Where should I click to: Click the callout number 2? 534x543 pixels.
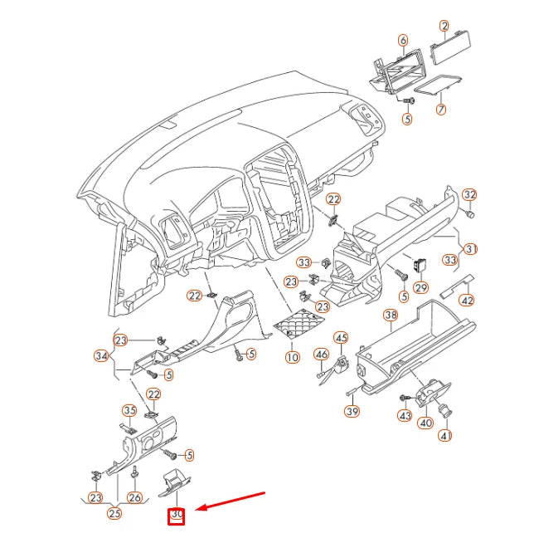444,27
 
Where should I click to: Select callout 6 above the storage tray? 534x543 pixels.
403,40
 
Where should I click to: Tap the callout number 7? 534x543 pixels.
441,109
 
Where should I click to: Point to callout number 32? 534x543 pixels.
469,194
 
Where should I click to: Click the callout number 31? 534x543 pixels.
470,248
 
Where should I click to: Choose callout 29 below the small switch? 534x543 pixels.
420,287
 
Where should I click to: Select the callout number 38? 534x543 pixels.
391,316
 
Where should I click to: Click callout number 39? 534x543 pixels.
352,412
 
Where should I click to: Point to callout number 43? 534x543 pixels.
405,415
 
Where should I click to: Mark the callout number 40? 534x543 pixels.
425,423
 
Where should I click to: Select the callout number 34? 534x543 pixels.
102,356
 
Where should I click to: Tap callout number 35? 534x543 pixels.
129,410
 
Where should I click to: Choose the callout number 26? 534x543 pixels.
134,497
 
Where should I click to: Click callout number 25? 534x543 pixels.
114,514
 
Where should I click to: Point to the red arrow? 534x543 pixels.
230,501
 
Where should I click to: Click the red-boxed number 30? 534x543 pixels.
177,516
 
